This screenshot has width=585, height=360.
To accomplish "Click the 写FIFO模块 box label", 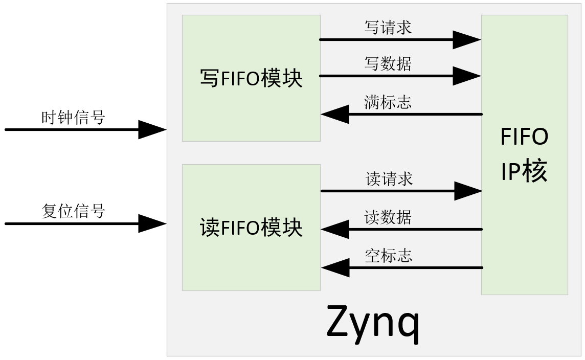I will pos(251,79).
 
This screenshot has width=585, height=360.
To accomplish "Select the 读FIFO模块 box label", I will pos(251,228).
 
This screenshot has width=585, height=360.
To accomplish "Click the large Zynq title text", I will pos(373,322).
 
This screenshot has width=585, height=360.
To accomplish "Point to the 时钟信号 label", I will pos(73,118).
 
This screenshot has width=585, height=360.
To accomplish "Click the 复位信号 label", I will pos(73,211).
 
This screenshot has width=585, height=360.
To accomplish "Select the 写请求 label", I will pos(388,28).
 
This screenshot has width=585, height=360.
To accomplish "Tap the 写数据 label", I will pos(388,64).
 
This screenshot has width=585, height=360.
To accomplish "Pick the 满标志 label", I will pos(388,102).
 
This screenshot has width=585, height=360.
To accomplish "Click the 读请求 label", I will pos(389,179).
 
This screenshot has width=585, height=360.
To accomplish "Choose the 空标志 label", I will pos(389,255).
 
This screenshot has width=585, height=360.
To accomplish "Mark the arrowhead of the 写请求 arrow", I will pos(466,39).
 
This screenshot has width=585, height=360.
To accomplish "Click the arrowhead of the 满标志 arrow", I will pos(335,114).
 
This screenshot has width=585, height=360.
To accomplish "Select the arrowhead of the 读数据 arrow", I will pos(335,229).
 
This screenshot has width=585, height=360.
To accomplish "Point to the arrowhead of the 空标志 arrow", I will pos(335,267).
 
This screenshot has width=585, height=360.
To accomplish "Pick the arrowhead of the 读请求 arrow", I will pos(467,191).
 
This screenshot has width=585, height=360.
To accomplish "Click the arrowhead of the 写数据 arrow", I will pos(466,76).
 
